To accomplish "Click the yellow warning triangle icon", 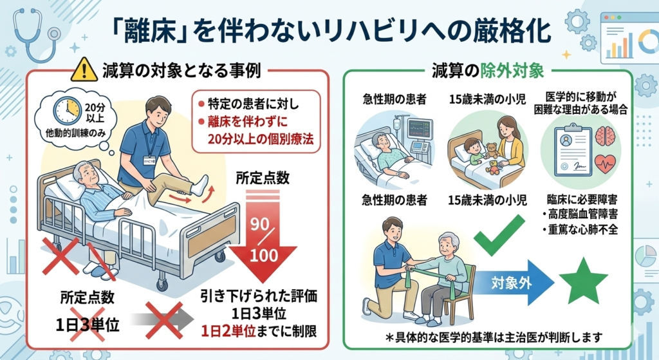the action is click(84, 70).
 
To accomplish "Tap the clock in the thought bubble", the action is click(67, 111).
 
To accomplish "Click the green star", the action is click(583, 280).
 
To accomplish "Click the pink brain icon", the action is click(606, 136).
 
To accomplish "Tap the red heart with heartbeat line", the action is click(606, 164).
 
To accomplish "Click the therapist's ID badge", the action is click(149, 160).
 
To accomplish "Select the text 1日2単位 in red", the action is click(228, 332).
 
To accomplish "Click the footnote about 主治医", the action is click(494, 337).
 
